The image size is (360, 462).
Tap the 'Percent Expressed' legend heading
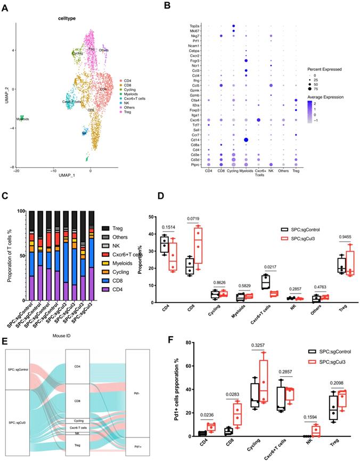click(328, 69)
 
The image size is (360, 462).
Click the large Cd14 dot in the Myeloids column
click(246, 140)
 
